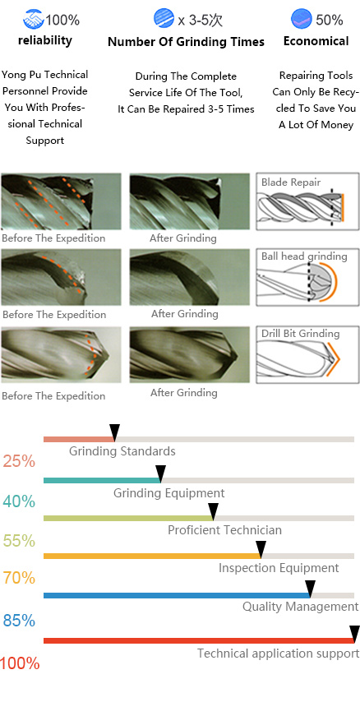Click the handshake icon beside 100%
pyautogui.click(x=33, y=19)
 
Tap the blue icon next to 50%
pyautogui.click(x=302, y=19)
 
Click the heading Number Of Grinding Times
pyautogui.click(x=187, y=42)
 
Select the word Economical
pyautogui.click(x=316, y=41)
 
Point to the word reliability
pyautogui.click(x=44, y=40)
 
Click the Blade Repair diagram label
pyautogui.click(x=291, y=182)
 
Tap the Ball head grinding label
pyautogui.click(x=304, y=256)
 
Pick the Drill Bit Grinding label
pyautogui.click(x=301, y=334)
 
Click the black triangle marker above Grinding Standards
pyautogui.click(x=114, y=433)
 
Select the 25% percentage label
pyautogui.click(x=19, y=460)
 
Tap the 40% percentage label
pyautogui.click(x=19, y=501)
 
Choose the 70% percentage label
pyautogui.click(x=19, y=578)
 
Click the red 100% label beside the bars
pyautogui.click(x=21, y=663)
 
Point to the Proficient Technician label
pyautogui.click(x=224, y=530)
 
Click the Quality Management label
pyautogui.click(x=301, y=607)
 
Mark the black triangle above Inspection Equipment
pyautogui.click(x=261, y=549)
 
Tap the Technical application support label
pyautogui.click(x=278, y=654)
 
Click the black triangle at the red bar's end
pyautogui.click(x=354, y=635)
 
